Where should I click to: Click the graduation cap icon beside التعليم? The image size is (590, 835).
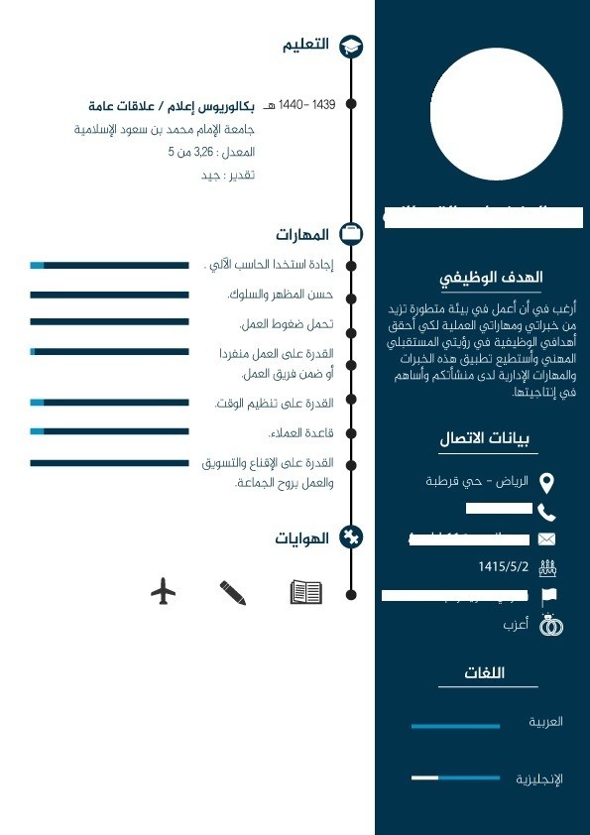351,46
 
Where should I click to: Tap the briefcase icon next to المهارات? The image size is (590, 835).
351,234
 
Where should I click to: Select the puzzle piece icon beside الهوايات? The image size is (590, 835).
351,537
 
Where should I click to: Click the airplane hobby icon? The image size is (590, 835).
164,592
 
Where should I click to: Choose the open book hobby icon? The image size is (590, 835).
305,592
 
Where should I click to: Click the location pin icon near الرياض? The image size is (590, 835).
546,483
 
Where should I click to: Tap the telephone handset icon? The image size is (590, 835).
546,512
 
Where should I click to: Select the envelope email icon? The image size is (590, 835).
546,539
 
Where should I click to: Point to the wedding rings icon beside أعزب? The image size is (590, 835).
549,626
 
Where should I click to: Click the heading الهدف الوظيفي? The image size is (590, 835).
492,278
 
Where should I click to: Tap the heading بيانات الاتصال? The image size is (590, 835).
484,438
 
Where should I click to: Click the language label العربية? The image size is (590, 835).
545,722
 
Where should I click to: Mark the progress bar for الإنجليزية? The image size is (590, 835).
455,778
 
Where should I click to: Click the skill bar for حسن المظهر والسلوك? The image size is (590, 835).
109,295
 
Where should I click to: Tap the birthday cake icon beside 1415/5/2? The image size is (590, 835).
546,568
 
